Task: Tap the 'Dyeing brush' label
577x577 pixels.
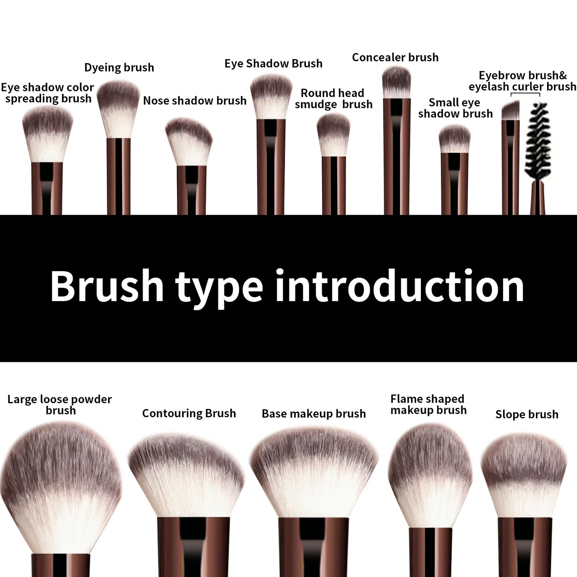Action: coord(119,67)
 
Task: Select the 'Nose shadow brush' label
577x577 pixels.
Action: coord(194,101)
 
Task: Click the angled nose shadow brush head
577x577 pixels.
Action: coord(188,142)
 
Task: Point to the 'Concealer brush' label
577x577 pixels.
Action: coord(395,58)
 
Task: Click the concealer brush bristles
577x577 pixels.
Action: coord(396,82)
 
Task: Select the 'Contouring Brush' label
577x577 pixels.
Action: coord(189,413)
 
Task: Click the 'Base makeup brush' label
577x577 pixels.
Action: coord(313,414)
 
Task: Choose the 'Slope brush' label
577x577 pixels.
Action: coord(527,414)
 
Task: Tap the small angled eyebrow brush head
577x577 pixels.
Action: coord(510,111)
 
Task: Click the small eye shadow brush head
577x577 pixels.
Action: coord(454,139)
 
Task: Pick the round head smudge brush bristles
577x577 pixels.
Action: coord(333,135)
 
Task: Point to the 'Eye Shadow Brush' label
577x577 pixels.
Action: coord(273,63)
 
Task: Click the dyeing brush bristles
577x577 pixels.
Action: coord(119,108)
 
